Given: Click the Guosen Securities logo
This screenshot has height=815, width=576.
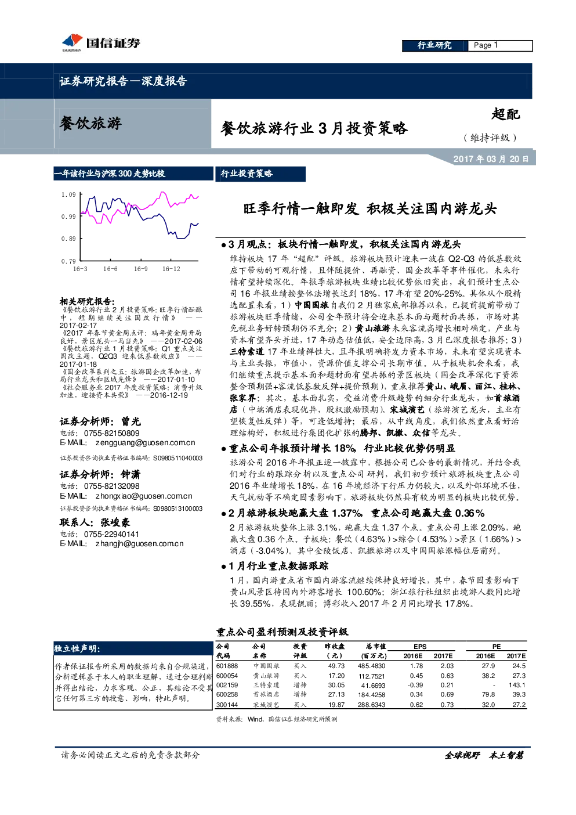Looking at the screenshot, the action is point(101,43).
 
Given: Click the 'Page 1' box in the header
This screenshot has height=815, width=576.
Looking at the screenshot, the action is point(500,45).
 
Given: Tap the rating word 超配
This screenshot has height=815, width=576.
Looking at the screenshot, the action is point(505,114).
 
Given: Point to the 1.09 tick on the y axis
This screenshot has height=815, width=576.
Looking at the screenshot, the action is point(68,194).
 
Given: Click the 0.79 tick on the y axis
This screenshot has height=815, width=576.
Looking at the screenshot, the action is point(68,261).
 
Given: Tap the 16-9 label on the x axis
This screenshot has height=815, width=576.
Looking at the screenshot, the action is point(141,269).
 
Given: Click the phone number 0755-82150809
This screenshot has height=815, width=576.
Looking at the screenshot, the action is point(111,433).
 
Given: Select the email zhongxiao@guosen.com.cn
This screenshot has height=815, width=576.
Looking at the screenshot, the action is point(144,496).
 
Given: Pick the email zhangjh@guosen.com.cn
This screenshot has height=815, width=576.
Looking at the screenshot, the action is point(140,543).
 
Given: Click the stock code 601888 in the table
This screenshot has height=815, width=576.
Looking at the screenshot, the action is point(227,666).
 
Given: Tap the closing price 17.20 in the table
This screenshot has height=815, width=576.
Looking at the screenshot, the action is point(336,676).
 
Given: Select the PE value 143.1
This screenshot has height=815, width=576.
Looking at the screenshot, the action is point(517,685).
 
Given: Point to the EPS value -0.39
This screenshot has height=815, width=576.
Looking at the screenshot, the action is point(415,685).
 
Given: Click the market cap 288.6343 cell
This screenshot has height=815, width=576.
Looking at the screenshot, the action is point(371,705).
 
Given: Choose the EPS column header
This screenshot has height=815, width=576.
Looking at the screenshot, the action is point(420,647).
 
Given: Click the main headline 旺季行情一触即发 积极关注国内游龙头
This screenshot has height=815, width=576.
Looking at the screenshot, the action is point(370,209).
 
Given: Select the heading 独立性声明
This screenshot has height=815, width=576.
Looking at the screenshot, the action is point(77,648).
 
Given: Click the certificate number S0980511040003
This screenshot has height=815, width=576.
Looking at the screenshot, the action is point(177,458).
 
